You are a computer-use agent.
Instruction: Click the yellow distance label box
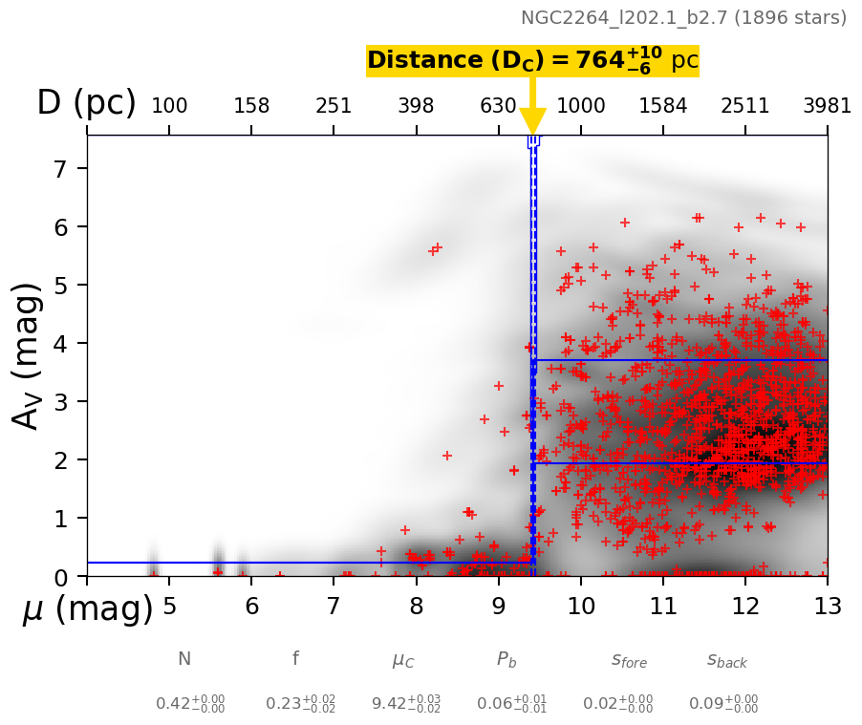pos(532,61)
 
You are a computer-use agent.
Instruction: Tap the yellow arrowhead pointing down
pos(532,122)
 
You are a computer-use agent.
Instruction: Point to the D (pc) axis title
pos(86,103)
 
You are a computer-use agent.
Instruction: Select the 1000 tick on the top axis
pos(581,106)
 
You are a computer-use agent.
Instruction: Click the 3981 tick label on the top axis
pos(827,106)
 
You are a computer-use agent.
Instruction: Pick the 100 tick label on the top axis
pos(169,106)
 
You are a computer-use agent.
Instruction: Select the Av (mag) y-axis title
pos(30,355)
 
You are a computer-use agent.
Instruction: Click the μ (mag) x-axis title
pos(88,609)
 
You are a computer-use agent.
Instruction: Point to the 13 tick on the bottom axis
pos(827,607)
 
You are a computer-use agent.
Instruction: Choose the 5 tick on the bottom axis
pos(169,607)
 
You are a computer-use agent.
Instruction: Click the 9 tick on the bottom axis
pos(499,607)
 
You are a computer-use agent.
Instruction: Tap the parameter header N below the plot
pos(184,659)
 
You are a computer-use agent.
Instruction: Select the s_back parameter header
pos(726,660)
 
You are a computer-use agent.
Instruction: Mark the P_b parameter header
pos(507,660)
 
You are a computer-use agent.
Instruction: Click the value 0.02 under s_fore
pos(617,704)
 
